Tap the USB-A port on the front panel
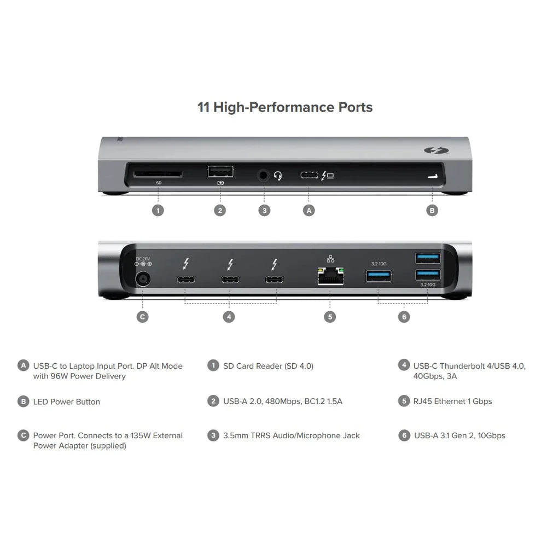click(220, 171)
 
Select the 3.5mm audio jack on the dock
click(264, 176)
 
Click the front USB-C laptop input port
click(309, 176)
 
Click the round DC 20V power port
click(143, 280)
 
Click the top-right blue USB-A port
click(428, 257)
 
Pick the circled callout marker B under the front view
click(432, 210)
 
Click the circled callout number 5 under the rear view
click(329, 316)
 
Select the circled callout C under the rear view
click(142, 316)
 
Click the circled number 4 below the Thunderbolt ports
click(230, 316)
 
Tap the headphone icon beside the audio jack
click(278, 176)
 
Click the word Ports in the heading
click(354, 107)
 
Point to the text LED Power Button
click(67, 401)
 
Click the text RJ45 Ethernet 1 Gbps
click(453, 401)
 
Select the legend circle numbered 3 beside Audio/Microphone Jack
click(213, 435)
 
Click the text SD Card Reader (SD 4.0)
click(268, 365)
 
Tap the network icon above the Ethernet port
click(329, 259)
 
